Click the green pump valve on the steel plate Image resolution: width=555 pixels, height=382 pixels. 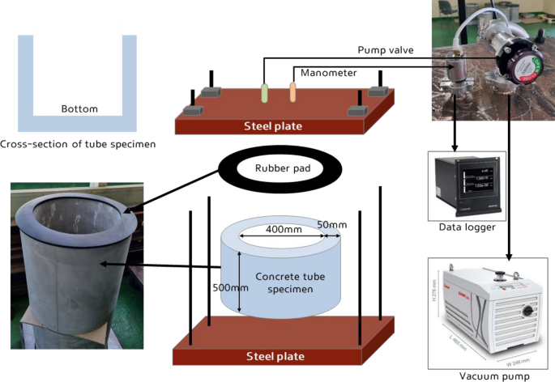point(263,92)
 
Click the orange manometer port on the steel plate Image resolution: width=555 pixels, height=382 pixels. point(293,92)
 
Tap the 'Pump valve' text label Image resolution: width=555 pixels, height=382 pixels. point(386,50)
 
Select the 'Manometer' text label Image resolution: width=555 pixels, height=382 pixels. point(329,73)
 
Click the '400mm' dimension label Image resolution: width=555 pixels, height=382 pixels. point(279,231)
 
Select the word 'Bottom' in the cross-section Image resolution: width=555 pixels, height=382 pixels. point(79,108)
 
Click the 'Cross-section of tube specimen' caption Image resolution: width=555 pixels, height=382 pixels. point(78,144)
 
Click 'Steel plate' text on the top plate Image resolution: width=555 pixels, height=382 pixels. point(275,125)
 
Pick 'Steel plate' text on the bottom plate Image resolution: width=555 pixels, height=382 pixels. point(275,356)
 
